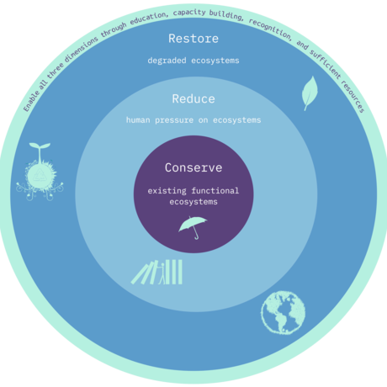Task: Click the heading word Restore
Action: click(x=193, y=39)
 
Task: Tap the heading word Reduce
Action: click(x=193, y=99)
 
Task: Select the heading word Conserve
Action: click(x=193, y=167)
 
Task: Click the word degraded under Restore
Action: click(x=167, y=61)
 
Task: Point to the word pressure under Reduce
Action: click(x=174, y=120)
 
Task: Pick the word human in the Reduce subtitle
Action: click(x=138, y=120)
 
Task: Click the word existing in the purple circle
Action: click(x=167, y=191)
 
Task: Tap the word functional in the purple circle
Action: click(x=215, y=191)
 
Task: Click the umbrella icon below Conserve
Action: click(x=193, y=228)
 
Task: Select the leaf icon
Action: click(x=310, y=93)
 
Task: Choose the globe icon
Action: click(x=284, y=313)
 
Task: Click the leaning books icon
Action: click(x=156, y=272)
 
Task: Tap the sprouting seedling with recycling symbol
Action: click(x=40, y=172)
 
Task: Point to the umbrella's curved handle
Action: click(x=196, y=235)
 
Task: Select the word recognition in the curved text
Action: click(x=271, y=29)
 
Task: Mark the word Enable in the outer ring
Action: click(x=31, y=101)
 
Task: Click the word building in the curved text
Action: click(x=226, y=15)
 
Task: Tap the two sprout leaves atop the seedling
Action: click(x=40, y=146)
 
